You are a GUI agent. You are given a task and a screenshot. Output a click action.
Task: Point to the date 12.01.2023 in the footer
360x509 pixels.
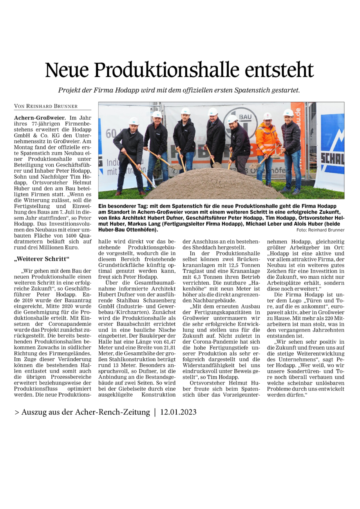[x=178, y=412]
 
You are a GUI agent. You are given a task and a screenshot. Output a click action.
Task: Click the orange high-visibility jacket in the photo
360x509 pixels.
[x=267, y=139]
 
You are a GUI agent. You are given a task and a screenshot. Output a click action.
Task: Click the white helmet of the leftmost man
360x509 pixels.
[x=134, y=121]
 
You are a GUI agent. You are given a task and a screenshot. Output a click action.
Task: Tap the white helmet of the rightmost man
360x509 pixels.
[x=288, y=113]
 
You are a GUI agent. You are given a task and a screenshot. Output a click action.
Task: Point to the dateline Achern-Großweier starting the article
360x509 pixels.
[x=40, y=117]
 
